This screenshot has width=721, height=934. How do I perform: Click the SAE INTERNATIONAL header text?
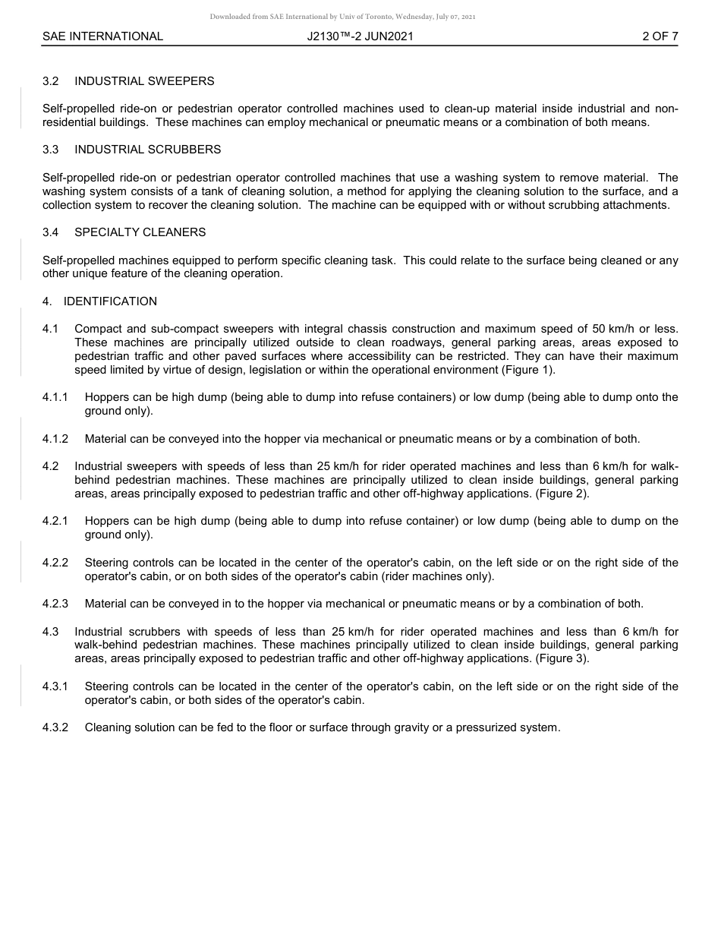click(x=102, y=36)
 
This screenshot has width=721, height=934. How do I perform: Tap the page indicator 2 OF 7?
click(x=660, y=36)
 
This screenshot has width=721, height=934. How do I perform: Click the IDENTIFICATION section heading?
click(x=110, y=301)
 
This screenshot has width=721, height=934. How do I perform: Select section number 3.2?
click(x=51, y=81)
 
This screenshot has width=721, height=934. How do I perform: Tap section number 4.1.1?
click(x=55, y=398)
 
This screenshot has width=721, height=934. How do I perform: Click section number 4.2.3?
click(x=55, y=604)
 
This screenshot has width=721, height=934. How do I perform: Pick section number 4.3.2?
click(x=55, y=727)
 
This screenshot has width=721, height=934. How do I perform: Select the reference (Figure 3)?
click(x=562, y=658)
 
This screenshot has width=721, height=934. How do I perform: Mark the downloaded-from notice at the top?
click(x=343, y=17)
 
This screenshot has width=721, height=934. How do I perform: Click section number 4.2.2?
click(x=55, y=563)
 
